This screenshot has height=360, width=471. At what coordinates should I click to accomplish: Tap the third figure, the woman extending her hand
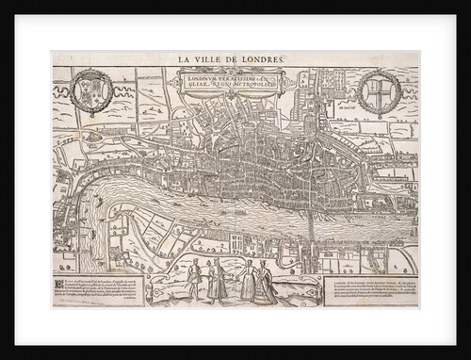coord(248,282)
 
